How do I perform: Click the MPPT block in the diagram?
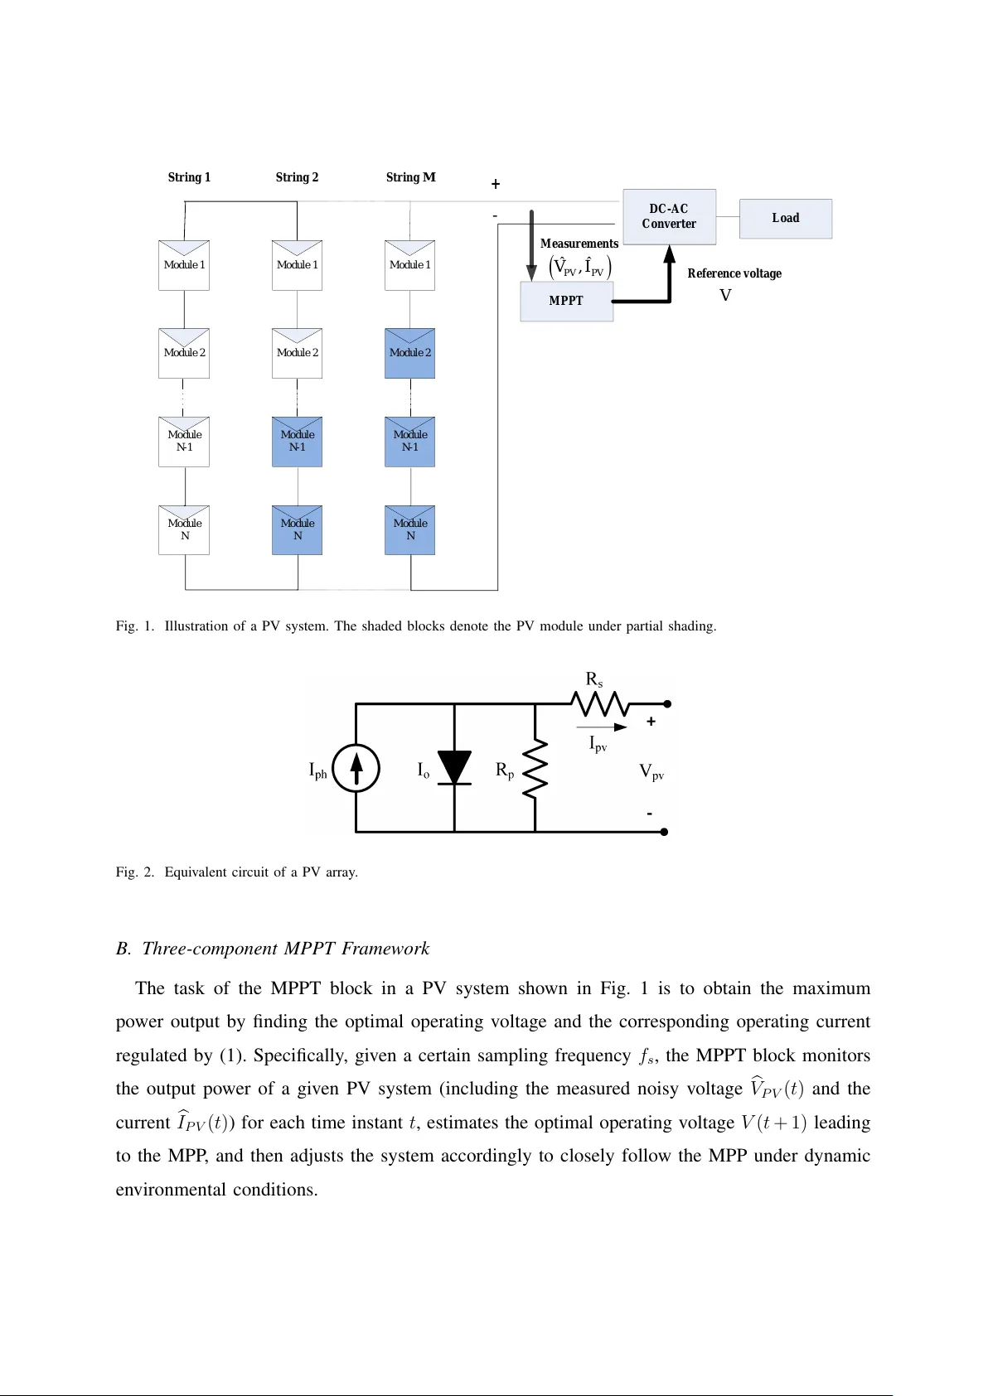pos(566,301)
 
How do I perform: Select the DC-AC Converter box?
pos(669,216)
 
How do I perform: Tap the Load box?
pos(785,219)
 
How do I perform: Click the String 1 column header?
pos(189,177)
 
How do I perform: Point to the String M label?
pos(410,177)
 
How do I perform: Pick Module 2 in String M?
pos(410,354)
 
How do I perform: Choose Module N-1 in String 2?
pos(297,442)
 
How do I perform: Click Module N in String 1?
pos(184,530)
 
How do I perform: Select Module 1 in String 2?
pos(297,265)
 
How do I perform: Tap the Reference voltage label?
pos(734,273)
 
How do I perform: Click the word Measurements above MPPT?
pos(579,244)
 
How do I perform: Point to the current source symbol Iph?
pos(356,768)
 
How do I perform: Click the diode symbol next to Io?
pos(454,768)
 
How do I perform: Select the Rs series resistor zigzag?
pos(599,704)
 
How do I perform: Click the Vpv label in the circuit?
pos(651,772)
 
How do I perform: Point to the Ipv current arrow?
pos(603,727)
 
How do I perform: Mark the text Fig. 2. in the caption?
pos(134,872)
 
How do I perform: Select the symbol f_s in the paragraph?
pos(647,1056)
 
